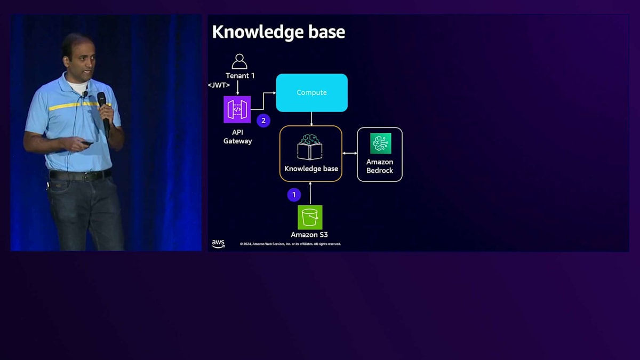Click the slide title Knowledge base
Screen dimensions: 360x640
(x=278, y=32)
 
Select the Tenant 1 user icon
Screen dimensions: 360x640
(x=239, y=61)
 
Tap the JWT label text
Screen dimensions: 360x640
(x=219, y=85)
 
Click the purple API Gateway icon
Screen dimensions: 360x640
(x=237, y=109)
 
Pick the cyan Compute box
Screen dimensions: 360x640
(x=311, y=93)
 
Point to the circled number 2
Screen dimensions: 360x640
(x=263, y=121)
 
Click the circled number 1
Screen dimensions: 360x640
(x=294, y=195)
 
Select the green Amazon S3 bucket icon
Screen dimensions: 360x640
(x=310, y=217)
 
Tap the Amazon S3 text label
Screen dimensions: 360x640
(x=309, y=235)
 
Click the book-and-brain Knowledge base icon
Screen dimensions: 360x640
(x=310, y=147)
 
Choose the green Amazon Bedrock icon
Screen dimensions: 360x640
(x=380, y=143)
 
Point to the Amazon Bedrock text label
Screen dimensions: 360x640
(x=380, y=166)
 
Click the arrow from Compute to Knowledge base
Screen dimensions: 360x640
(x=311, y=118)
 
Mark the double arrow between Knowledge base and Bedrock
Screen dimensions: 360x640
(x=350, y=154)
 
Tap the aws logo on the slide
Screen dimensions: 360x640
(x=218, y=243)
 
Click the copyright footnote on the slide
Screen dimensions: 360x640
(x=290, y=244)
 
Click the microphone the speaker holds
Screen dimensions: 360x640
(x=103, y=109)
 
